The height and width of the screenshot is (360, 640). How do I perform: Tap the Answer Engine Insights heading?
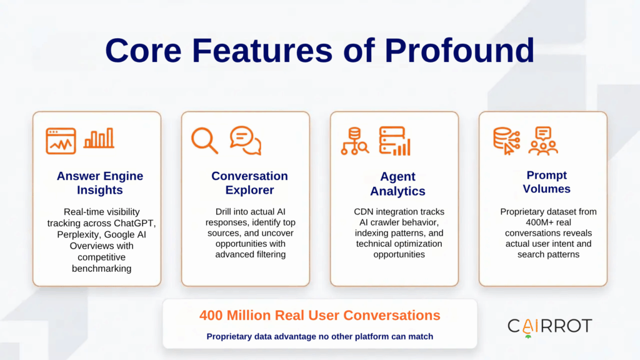click(99, 182)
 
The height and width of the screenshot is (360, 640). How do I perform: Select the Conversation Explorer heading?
click(249, 182)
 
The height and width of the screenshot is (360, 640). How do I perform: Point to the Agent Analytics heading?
click(397, 184)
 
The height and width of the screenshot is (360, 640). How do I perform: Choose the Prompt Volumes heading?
click(546, 181)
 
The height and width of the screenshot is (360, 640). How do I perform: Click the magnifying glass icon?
click(204, 140)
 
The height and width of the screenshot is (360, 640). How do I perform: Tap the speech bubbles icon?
click(245, 140)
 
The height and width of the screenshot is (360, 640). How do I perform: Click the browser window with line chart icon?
click(61, 141)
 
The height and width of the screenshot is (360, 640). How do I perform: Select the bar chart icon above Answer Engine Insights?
click(99, 139)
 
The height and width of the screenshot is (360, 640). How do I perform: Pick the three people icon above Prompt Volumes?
click(542, 141)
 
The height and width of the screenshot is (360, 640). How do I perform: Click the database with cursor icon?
click(506, 141)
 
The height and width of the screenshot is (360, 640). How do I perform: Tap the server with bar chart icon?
click(394, 141)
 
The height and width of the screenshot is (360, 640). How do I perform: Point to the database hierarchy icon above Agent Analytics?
click(354, 141)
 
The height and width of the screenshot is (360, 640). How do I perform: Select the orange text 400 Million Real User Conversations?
click(319, 316)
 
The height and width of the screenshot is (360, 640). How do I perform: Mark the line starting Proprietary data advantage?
click(319, 337)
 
